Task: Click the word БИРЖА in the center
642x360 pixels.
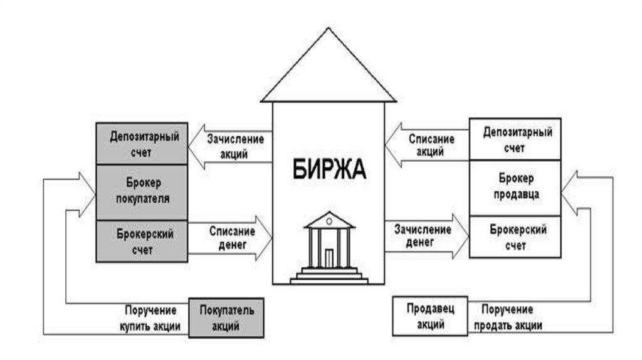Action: click(329, 169)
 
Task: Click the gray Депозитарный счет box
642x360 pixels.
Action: click(141, 144)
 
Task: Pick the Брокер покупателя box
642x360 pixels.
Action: click(141, 191)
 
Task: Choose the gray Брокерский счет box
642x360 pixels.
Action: click(141, 241)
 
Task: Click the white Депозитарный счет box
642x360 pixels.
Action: click(515, 140)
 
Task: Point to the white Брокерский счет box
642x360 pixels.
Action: click(515, 236)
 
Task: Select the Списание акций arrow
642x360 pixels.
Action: click(426, 145)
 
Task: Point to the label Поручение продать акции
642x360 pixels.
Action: click(508, 317)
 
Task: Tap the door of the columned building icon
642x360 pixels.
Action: click(329, 258)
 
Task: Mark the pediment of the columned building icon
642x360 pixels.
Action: click(329, 221)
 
